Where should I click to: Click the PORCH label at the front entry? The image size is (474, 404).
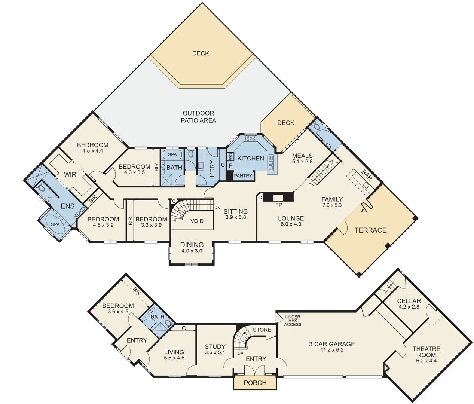click(255, 383)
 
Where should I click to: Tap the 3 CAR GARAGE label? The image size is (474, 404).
click(332, 344)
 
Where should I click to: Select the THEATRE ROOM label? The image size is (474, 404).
click(426, 352)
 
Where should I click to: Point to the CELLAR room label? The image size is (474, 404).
click(409, 301)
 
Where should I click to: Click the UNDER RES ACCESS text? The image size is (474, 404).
click(293, 321)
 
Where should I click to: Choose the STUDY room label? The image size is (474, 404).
click(215, 346)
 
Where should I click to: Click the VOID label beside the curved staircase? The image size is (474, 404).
click(197, 221)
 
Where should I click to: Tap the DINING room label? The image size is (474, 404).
click(192, 245)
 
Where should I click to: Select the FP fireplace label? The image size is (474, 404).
click(278, 205)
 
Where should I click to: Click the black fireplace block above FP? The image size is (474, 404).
click(278, 198)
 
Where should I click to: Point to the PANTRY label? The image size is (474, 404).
click(243, 175)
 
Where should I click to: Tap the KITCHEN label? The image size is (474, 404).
click(251, 158)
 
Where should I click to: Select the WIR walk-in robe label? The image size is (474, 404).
click(70, 174)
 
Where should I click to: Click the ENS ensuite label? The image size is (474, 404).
click(67, 206)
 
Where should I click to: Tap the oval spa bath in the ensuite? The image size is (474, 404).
click(55, 224)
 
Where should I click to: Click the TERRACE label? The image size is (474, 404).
click(370, 230)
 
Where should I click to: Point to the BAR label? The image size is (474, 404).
click(367, 174)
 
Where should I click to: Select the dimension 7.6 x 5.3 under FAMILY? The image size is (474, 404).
click(332, 205)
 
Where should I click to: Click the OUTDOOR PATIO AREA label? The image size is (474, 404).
click(198, 117)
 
